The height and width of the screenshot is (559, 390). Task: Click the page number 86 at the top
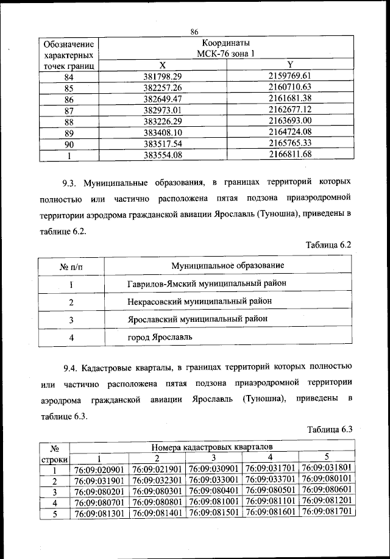[x=195, y=32]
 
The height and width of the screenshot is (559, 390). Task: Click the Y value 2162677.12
[x=289, y=109]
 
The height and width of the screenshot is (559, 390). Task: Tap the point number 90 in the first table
[x=69, y=143]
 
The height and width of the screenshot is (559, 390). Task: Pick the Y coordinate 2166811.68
[x=289, y=154]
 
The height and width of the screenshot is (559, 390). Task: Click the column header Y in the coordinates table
[x=289, y=65]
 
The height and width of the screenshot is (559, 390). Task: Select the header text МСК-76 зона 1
[x=226, y=54]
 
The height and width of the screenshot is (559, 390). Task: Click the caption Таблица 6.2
[x=330, y=244]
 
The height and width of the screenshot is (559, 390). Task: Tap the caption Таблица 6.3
[x=330, y=429]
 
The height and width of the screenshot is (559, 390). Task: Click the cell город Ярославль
[x=160, y=336]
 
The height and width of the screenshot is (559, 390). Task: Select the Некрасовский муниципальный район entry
[x=200, y=301]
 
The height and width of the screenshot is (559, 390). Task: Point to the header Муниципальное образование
[x=227, y=265]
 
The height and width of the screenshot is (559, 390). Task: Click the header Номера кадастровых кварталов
[x=213, y=447]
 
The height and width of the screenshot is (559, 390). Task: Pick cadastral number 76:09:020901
[x=99, y=470]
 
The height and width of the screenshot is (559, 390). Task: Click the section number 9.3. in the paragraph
[x=71, y=182]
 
